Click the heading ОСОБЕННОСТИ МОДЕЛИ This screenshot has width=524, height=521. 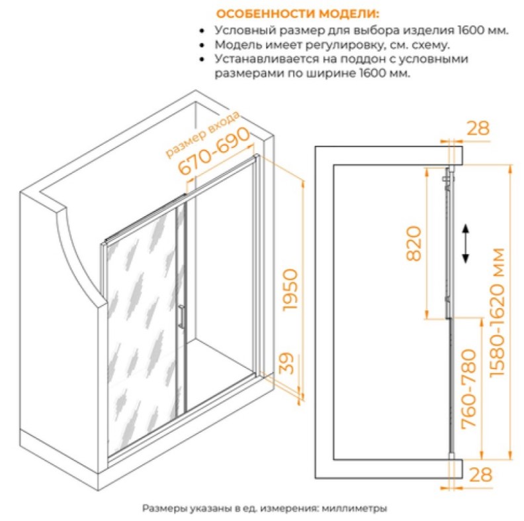[x=298, y=14]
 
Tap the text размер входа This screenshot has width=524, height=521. [x=203, y=134]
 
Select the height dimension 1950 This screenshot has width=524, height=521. [x=289, y=290]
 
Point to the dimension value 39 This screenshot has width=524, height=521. [x=286, y=364]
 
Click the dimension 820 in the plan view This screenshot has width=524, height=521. [x=414, y=243]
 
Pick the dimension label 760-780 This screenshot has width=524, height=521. [x=468, y=389]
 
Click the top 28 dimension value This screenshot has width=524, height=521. [x=478, y=128]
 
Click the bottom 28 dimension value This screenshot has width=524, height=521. [x=480, y=475]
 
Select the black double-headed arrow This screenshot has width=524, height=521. [x=465, y=244]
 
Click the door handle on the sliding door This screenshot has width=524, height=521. [x=181, y=316]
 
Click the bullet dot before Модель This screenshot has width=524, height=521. [x=202, y=45]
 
